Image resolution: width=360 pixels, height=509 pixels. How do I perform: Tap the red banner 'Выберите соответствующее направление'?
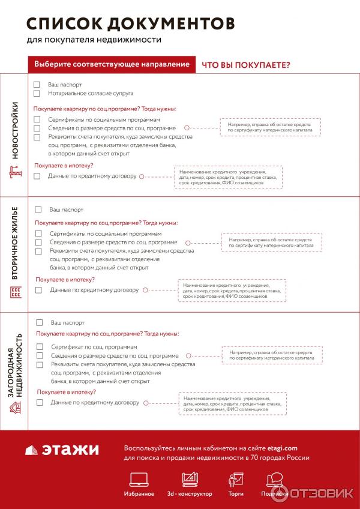[112, 64]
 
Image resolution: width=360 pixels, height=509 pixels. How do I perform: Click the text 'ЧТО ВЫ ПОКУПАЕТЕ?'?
[246, 65]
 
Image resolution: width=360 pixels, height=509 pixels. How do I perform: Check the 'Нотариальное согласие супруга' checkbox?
[37, 94]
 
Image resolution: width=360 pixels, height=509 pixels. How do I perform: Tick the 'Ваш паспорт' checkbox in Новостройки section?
[37, 85]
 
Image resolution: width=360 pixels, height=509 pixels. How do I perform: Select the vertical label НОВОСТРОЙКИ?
[15, 130]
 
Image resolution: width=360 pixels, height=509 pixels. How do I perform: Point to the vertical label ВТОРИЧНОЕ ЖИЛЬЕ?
[15, 243]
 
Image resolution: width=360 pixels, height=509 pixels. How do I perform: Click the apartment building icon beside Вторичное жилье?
[16, 292]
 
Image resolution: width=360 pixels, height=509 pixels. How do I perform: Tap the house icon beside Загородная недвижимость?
[16, 408]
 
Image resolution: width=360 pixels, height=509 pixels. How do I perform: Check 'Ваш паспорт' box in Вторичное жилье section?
[38, 209]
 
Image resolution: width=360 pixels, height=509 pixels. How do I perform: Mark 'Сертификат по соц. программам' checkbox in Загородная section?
[40, 347]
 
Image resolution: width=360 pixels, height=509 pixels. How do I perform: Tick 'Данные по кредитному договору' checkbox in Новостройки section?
[37, 176]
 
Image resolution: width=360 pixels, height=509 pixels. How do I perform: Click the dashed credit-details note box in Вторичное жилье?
[232, 291]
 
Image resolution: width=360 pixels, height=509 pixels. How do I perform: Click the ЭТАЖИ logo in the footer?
[62, 450]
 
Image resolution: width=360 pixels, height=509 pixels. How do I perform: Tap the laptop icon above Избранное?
[139, 479]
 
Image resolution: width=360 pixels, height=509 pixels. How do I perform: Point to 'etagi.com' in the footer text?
[284, 448]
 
